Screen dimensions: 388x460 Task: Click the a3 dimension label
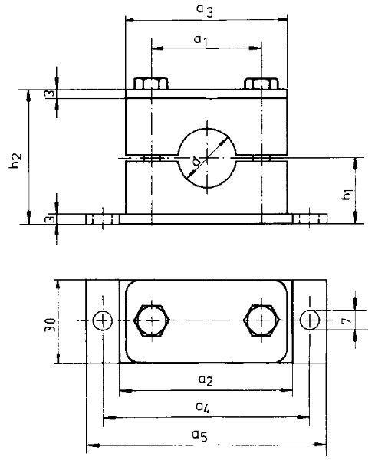tap(205, 11)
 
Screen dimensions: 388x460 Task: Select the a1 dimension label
tap(201, 40)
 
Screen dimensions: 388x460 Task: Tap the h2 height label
tap(16, 160)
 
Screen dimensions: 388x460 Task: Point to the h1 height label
tap(347, 195)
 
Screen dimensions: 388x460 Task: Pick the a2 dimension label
tap(206, 380)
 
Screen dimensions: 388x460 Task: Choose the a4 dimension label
tap(202, 407)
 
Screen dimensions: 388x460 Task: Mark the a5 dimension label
tap(200, 435)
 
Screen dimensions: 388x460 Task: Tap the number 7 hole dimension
tap(347, 320)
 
